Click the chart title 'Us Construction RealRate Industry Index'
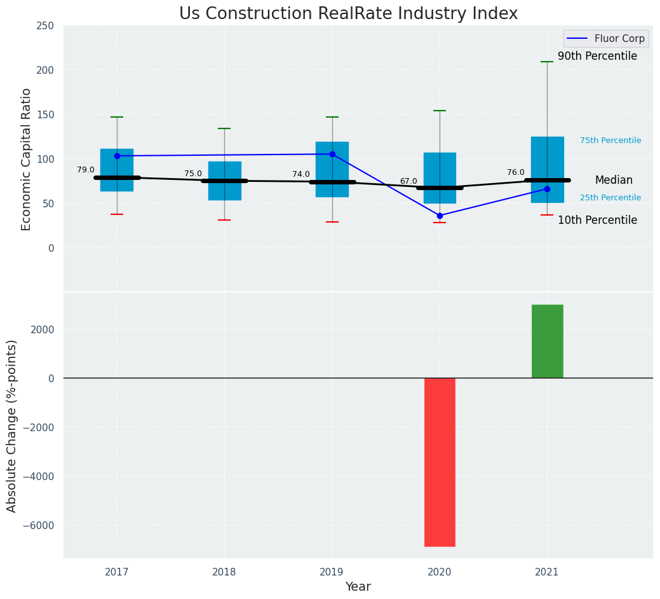(x=348, y=13)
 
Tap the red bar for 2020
(x=440, y=462)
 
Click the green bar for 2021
(x=547, y=341)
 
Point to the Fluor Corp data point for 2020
(x=440, y=216)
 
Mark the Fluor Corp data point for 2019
(x=332, y=154)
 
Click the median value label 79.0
(x=86, y=170)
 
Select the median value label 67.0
(x=408, y=181)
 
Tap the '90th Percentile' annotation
(x=597, y=56)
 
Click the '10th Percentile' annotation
(x=597, y=220)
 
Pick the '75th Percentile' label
(x=610, y=141)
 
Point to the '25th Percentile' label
(x=610, y=198)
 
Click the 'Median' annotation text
(x=614, y=180)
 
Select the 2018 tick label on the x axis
(x=224, y=572)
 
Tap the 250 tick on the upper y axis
(x=45, y=26)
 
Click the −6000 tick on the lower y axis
(x=39, y=525)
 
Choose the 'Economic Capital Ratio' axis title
(x=26, y=159)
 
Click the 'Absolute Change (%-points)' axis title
(x=11, y=425)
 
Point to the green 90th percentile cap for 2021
(x=547, y=62)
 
